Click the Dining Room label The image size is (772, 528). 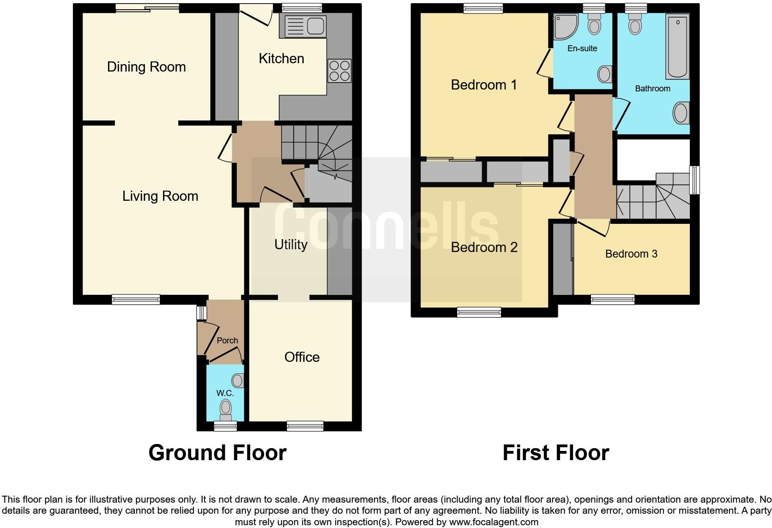pos(146,67)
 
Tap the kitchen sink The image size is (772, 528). pos(306,25)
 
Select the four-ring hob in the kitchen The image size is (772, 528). pos(339,71)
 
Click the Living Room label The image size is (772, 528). pos(160,197)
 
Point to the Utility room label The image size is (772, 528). pos(290,245)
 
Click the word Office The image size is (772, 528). pos(302,357)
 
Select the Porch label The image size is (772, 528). pos(227,341)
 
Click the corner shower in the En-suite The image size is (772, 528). pos(566,26)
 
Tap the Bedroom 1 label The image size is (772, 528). pos(483,85)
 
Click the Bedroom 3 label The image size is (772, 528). pos(631,254)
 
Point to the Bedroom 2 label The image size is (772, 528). pos(483,247)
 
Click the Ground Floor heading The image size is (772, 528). pos(217,453)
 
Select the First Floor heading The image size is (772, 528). pos(555,453)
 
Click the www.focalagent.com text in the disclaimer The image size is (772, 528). pos(494,522)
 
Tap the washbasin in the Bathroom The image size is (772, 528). pos(681,113)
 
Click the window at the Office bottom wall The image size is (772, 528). pos(305,426)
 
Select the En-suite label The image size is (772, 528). pos(582,48)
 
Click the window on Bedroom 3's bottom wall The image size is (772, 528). pos(613,300)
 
